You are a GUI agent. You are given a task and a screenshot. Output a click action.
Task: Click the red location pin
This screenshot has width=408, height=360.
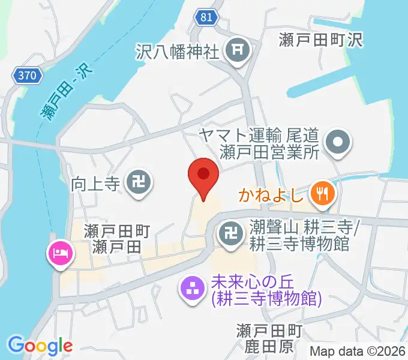pyautogui.click(x=203, y=176)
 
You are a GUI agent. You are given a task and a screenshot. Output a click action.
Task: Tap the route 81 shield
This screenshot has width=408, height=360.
pyautogui.click(x=206, y=17)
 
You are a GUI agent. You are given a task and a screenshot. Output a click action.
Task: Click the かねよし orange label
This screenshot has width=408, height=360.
pyautogui.click(x=272, y=194)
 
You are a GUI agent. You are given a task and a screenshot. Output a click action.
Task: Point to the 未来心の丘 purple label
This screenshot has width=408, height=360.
pyautogui.click(x=266, y=289)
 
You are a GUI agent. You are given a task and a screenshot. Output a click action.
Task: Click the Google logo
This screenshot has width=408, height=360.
pyautogui.click(x=40, y=345)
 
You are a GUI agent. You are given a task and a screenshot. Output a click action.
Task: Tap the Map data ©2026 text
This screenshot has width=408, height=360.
pyautogui.click(x=357, y=352)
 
